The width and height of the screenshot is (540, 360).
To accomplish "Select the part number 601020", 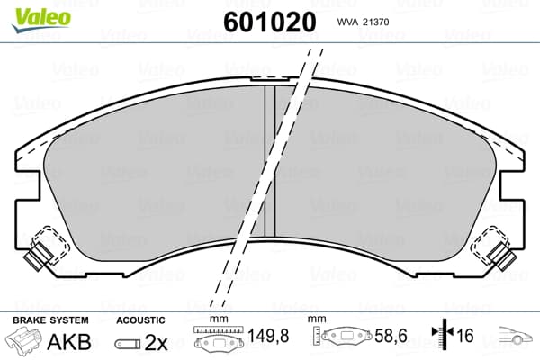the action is pyautogui.click(x=270, y=22).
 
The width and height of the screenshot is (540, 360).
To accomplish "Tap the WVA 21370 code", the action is pyautogui.click(x=363, y=22).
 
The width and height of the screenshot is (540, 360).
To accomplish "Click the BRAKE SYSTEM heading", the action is pyautogui.click(x=50, y=320).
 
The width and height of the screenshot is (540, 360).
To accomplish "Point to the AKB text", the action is pyautogui.click(x=69, y=342).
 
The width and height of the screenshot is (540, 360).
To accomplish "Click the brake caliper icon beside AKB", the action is pyautogui.click(x=23, y=340).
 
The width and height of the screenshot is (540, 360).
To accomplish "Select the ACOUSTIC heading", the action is pyautogui.click(x=141, y=320).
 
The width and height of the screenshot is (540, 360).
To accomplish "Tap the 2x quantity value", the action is pyautogui.click(x=156, y=342).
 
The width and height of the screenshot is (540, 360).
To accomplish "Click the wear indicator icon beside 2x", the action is pyautogui.click(x=128, y=344).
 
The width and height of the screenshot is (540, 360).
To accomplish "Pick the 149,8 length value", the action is pyautogui.click(x=268, y=336).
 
